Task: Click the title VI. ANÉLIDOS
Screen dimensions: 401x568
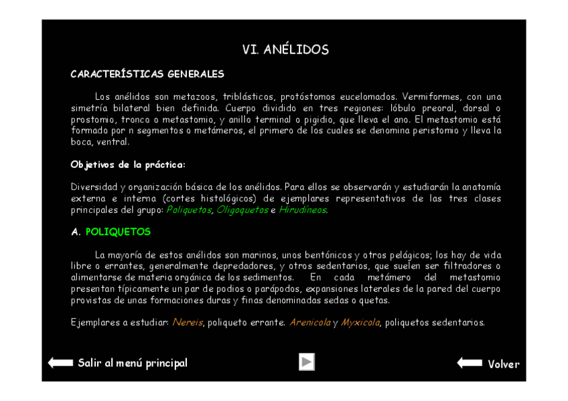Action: pyautogui.click(x=285, y=50)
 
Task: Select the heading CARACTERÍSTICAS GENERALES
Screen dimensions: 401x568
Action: pyautogui.click(x=147, y=74)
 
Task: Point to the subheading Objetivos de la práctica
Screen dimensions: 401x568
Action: pyautogui.click(x=128, y=165)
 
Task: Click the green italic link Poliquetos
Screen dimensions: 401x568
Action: pyautogui.click(x=189, y=210)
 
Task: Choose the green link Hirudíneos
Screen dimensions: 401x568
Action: pyautogui.click(x=303, y=210)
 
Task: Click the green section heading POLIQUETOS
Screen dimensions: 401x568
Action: pyautogui.click(x=119, y=232)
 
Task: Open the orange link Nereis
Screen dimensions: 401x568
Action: pyautogui.click(x=188, y=323)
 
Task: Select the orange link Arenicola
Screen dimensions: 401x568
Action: pyautogui.click(x=309, y=323)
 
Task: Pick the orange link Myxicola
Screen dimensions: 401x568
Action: pyautogui.click(x=360, y=323)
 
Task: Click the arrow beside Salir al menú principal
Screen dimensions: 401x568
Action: pyautogui.click(x=60, y=363)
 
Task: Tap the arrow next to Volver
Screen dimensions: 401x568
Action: pyautogui.click(x=469, y=364)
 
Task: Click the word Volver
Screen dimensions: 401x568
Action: pyautogui.click(x=504, y=364)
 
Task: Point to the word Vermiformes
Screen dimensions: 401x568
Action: pyautogui.click(x=430, y=97)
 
